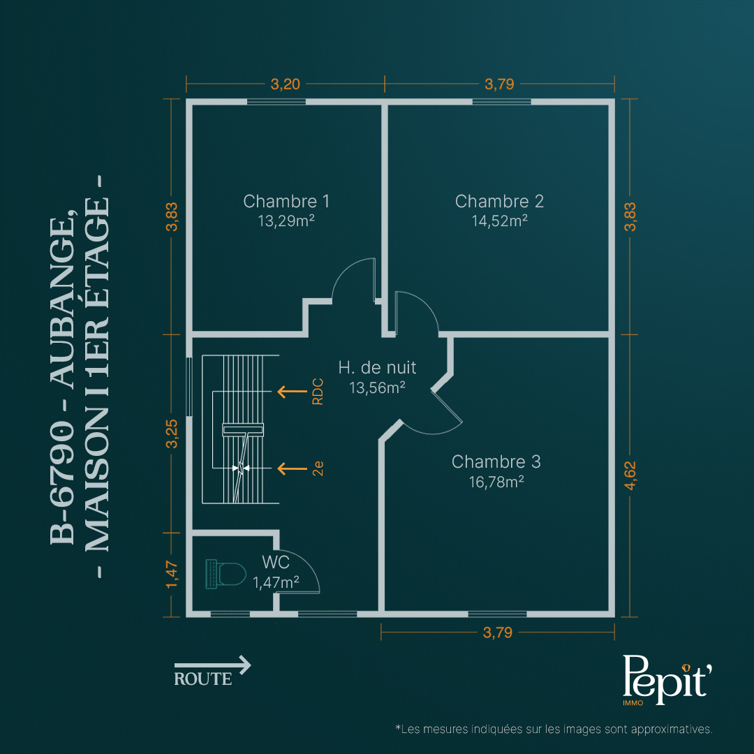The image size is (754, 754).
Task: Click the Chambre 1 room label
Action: pos(286,201)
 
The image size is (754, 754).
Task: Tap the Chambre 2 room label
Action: pos(499,201)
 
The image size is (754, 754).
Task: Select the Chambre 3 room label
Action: pos(496,461)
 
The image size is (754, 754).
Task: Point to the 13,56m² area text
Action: pos(377,387)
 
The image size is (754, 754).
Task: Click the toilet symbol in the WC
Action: pos(226,574)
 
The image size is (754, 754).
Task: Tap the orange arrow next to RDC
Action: pos(293,392)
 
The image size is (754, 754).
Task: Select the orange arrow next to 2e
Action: pos(293,468)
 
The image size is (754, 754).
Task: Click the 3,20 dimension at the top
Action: pos(285,84)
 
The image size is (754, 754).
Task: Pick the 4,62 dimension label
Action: pos(630,475)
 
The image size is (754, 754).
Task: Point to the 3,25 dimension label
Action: pos(172,434)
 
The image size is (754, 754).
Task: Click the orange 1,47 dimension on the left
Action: pos(172,574)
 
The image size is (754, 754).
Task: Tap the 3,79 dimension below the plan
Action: pos(498,633)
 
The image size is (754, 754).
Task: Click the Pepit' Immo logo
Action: pos(667,680)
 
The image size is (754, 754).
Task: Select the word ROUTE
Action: pos(203,679)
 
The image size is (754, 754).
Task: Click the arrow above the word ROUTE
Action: pos(212,665)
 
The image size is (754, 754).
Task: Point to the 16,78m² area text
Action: pos(496,482)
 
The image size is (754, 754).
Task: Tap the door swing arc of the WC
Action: pos(306,563)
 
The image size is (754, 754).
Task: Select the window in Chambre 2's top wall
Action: pos(501,102)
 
